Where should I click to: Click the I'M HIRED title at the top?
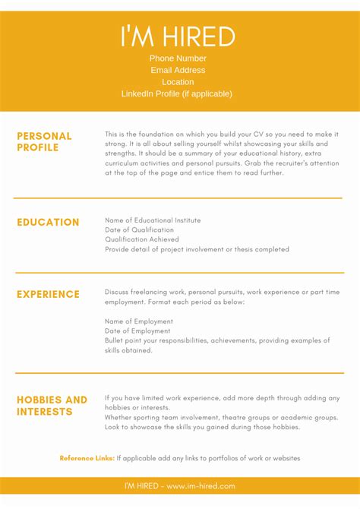point(178,36)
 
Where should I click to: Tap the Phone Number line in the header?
point(178,58)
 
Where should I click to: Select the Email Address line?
point(178,70)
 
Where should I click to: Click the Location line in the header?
point(178,82)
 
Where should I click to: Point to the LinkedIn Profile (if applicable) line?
point(177,93)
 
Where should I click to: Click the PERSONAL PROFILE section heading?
point(44,141)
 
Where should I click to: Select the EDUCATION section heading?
point(48,223)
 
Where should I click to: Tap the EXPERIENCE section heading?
point(48,294)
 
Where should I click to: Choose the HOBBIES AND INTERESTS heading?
point(52,406)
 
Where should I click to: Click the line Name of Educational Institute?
point(153,220)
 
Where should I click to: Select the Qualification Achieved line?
point(142,239)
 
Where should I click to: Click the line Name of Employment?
point(139,321)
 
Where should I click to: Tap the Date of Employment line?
point(138,331)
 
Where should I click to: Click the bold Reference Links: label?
point(87,458)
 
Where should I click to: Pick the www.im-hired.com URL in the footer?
point(201,485)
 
